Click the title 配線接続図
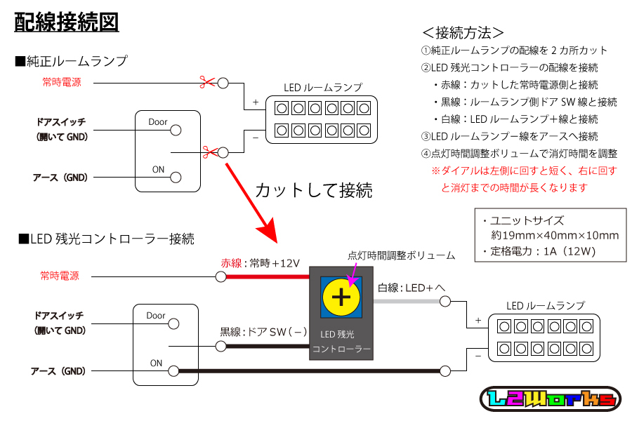coord(67,22)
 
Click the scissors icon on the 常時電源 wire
coord(206,83)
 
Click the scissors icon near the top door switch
coord(208,151)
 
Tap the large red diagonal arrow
coord(253,203)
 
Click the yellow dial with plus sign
coord(341,297)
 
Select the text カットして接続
coord(313,189)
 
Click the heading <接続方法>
coord(463,32)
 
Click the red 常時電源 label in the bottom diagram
coord(60,276)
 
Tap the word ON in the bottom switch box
coord(156,363)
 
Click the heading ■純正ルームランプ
coord(72,61)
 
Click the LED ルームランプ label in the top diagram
coord(323,88)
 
